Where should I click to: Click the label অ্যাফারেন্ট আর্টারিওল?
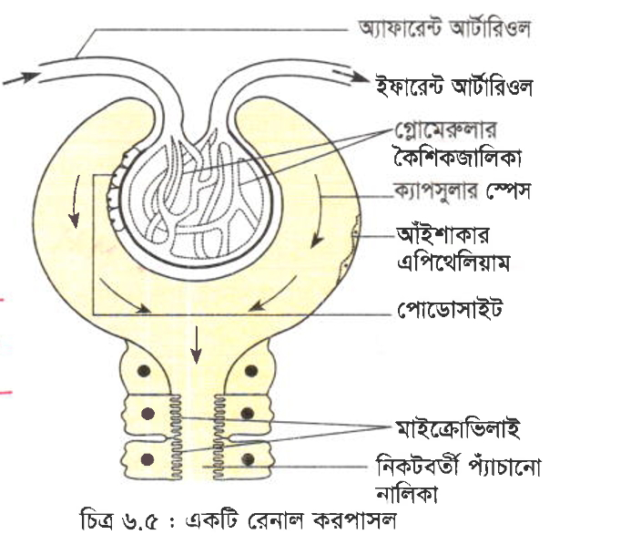(444, 28)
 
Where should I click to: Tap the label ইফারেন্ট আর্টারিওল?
(454, 87)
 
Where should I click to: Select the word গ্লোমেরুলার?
(445, 130)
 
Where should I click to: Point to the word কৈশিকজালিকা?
(457, 157)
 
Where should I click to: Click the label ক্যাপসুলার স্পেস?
(462, 191)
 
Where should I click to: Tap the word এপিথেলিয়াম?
(453, 262)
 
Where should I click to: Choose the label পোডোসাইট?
(450, 309)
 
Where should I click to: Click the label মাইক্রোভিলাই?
(457, 428)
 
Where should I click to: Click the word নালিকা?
(406, 493)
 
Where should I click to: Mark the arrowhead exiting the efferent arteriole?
(359, 77)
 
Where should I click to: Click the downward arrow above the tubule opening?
(197, 344)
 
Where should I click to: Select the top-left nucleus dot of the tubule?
(144, 371)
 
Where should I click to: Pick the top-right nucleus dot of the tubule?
(250, 371)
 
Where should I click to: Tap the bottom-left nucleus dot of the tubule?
(148, 459)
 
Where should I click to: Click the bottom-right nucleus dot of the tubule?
(249, 459)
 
